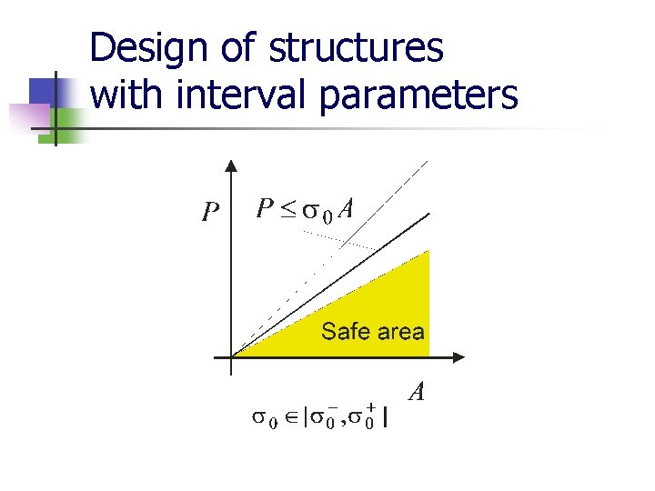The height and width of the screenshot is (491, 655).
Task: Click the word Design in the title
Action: (x=147, y=48)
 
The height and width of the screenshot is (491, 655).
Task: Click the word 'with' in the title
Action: (x=123, y=95)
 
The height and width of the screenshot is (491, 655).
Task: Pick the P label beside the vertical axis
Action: (x=211, y=212)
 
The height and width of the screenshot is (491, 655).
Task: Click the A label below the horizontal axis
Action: (x=418, y=392)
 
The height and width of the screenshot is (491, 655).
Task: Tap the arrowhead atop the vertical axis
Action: (x=231, y=166)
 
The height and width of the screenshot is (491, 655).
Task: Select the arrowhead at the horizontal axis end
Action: (x=459, y=356)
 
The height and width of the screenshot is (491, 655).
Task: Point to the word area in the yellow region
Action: (x=400, y=332)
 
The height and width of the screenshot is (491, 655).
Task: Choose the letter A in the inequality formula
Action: (x=346, y=209)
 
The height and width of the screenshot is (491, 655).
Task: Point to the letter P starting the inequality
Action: (x=265, y=209)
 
